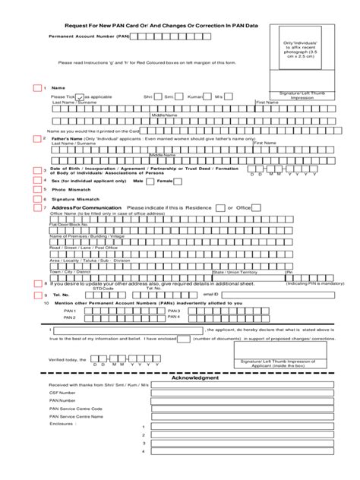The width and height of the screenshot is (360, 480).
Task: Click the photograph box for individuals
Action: click(x=304, y=57)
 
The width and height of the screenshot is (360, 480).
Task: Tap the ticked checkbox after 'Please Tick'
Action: click(x=79, y=97)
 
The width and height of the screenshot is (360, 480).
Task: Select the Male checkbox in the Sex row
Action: click(x=152, y=182)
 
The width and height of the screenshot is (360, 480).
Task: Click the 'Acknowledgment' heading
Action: click(x=195, y=377)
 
